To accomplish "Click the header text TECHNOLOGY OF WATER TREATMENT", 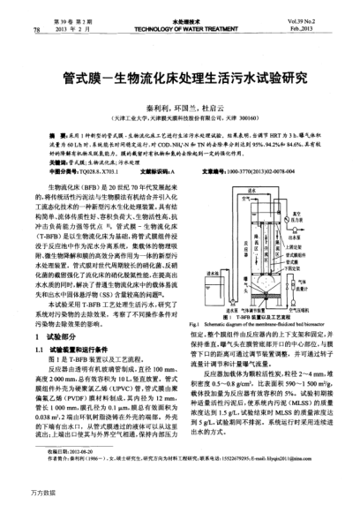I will (x=180, y=30).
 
